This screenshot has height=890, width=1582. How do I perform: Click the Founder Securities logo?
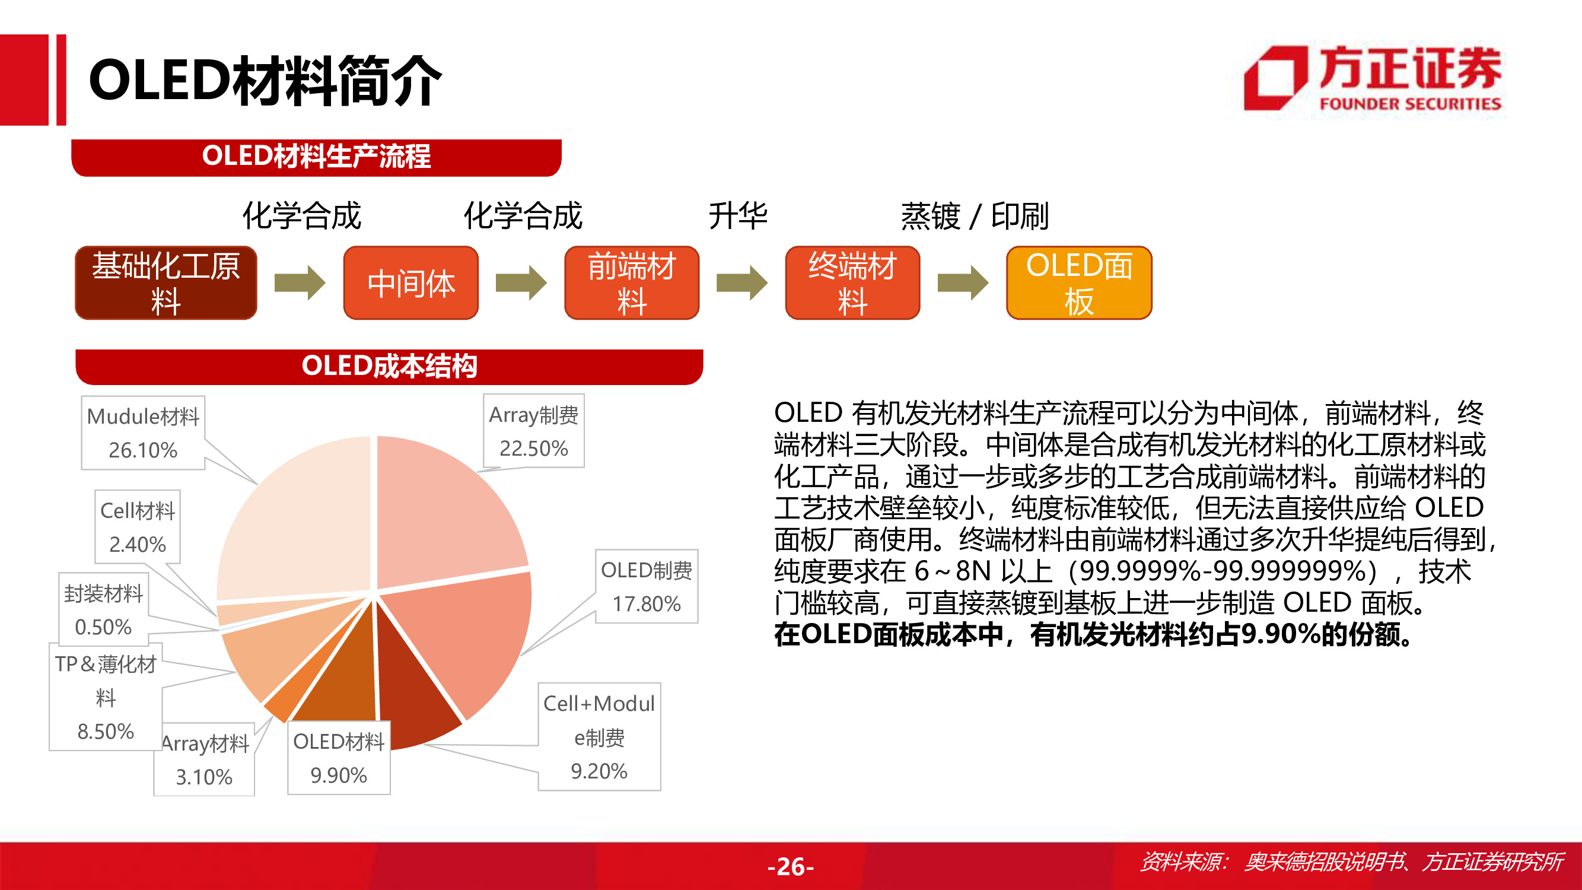click(1372, 79)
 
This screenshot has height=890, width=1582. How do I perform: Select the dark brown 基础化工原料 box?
click(166, 283)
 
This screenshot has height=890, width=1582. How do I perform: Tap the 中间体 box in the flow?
click(411, 283)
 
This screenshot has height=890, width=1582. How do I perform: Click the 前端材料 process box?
click(631, 283)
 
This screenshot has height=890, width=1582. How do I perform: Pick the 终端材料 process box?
click(852, 283)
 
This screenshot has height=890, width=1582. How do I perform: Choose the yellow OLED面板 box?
click(1079, 283)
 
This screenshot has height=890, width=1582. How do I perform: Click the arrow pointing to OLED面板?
click(962, 283)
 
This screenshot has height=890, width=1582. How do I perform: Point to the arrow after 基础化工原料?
click(299, 283)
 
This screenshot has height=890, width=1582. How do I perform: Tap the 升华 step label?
click(737, 216)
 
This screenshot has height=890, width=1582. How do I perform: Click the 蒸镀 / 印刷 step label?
click(975, 216)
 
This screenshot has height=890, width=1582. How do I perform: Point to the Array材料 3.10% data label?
click(205, 761)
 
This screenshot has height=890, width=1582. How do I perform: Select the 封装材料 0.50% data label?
click(103, 610)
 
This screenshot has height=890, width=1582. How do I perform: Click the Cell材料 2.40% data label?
click(138, 527)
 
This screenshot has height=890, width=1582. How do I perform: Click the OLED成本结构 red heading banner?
click(389, 367)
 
